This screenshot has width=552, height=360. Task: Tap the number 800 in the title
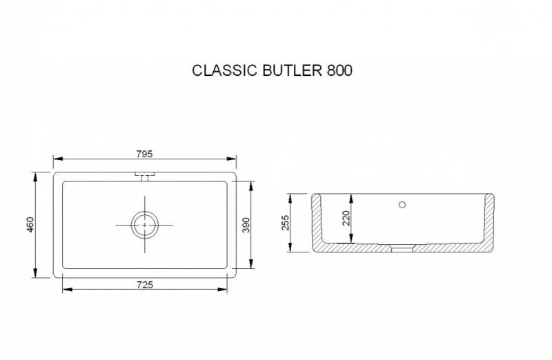(x=338, y=70)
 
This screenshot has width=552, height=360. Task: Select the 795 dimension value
(x=144, y=153)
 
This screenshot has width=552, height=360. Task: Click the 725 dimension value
(x=144, y=283)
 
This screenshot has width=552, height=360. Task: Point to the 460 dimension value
(x=30, y=224)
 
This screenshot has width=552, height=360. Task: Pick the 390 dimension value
(x=246, y=224)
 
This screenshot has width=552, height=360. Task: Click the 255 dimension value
(x=286, y=222)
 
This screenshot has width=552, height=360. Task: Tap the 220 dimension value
(x=346, y=218)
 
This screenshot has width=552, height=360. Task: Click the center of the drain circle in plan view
(x=144, y=224)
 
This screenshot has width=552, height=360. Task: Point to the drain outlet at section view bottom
(x=402, y=248)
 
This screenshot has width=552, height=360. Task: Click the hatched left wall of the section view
(x=317, y=221)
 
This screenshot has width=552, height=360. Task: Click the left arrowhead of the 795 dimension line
(x=57, y=159)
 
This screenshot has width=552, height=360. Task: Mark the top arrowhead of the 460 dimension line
(x=35, y=175)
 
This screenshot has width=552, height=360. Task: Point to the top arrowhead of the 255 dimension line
(x=291, y=197)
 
